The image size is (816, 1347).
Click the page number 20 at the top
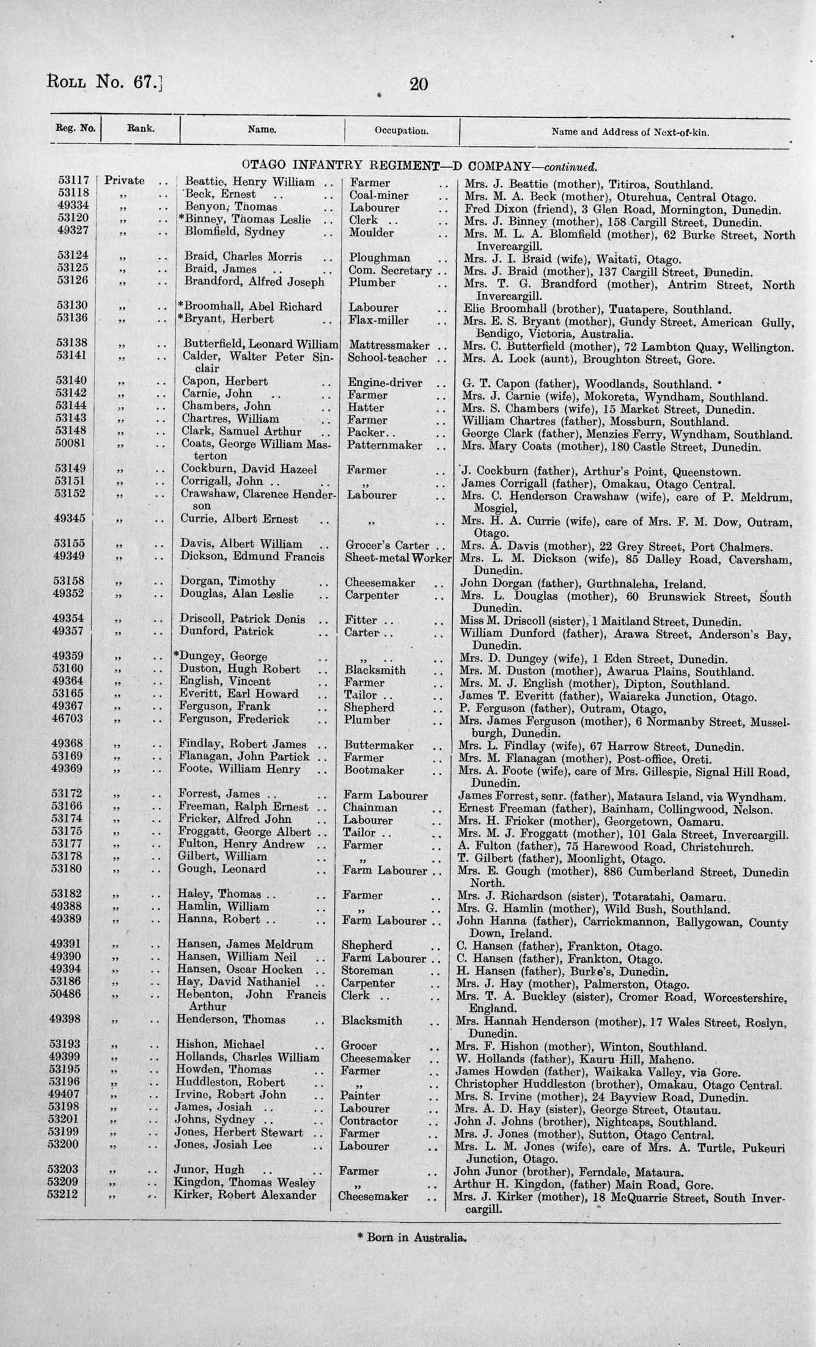coord(418,84)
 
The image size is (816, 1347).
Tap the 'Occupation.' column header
coord(402,131)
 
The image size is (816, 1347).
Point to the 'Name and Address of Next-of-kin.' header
coord(630,131)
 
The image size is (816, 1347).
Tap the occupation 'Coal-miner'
coord(379,195)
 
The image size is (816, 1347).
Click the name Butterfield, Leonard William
coord(260,345)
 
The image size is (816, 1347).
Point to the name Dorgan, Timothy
coord(227,582)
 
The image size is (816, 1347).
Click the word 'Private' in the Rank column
coord(125,181)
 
